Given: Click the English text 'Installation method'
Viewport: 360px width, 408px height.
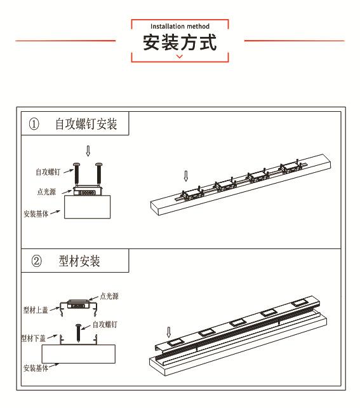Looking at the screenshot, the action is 180,26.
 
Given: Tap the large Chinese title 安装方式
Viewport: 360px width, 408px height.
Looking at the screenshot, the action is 180,42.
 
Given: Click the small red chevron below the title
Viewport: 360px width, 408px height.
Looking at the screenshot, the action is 179,57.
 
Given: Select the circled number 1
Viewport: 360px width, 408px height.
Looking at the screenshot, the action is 34,124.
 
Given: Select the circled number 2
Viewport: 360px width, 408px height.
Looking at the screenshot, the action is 36,261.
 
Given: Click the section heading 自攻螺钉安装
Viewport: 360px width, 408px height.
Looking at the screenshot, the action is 86,124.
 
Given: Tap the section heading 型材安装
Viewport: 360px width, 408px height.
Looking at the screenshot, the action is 79,261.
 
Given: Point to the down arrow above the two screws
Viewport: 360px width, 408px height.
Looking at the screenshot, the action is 88,151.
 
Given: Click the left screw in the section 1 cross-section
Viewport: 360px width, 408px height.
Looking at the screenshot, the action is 77,173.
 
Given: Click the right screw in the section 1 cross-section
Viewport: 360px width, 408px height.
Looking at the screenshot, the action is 99,173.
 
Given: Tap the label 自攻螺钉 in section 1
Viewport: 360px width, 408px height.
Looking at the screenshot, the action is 48,172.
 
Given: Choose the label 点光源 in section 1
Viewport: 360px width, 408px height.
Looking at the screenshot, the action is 46,192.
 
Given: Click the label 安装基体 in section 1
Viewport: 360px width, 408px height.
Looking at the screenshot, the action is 36,214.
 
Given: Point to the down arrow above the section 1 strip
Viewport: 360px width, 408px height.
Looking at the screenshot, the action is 186,176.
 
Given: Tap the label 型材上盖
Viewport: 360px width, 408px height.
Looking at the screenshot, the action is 36,310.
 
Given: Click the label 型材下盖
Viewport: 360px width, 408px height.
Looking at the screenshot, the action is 34,338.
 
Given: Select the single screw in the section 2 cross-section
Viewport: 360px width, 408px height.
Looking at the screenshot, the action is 78,332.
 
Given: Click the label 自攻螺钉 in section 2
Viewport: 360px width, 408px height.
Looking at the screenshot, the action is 105,325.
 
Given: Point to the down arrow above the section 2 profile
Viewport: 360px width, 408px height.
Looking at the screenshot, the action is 169,332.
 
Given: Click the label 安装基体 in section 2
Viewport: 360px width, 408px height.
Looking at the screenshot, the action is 36,368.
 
